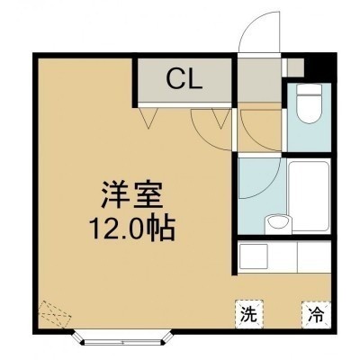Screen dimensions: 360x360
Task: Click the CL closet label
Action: [x=184, y=78]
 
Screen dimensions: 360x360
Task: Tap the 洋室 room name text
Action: [x=132, y=195]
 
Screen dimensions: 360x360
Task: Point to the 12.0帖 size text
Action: [x=133, y=230]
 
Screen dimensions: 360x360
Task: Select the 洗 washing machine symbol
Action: [x=249, y=314]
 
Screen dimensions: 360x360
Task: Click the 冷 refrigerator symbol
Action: [x=316, y=314]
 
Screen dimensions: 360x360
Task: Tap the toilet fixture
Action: [x=309, y=103]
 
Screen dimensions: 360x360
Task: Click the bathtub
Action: [x=309, y=196]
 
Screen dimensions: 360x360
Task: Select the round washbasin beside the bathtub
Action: [x=278, y=224]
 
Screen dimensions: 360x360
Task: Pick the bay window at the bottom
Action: [x=122, y=338]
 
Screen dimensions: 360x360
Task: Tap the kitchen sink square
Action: [x=254, y=257]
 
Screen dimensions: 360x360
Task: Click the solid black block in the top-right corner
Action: [x=319, y=67]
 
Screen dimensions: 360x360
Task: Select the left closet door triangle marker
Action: [x=148, y=117]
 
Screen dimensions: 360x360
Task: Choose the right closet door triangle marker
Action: [x=221, y=119]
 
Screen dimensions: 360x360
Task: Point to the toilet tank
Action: [x=309, y=89]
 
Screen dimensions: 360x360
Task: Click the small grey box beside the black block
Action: [x=295, y=67]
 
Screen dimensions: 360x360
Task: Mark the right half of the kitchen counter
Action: [x=314, y=257]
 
